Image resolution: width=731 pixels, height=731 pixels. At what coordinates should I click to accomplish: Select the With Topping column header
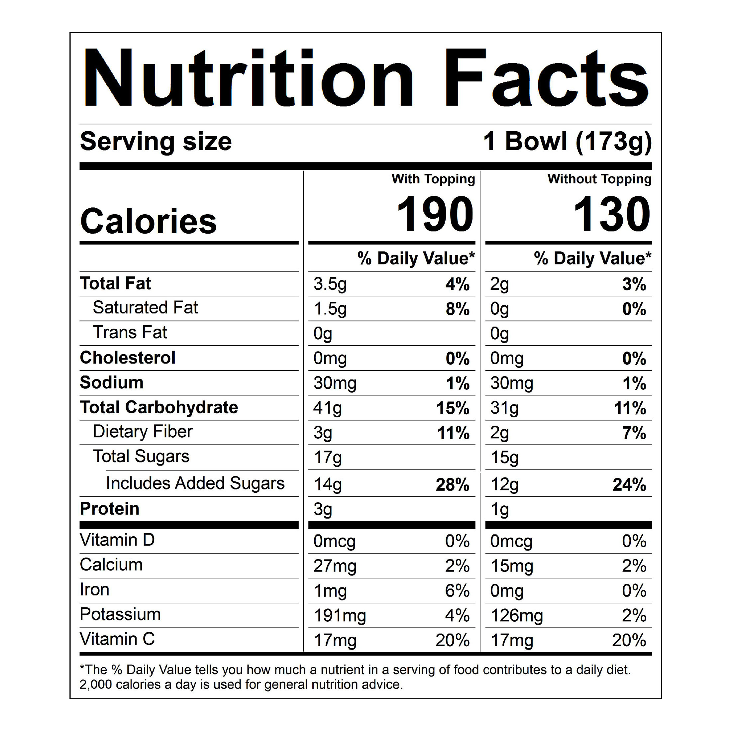[433, 179]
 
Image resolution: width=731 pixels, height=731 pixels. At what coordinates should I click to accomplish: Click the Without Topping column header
[599, 179]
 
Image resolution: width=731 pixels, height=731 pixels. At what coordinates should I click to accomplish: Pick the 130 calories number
[611, 214]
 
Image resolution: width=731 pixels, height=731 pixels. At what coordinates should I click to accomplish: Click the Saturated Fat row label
[145, 308]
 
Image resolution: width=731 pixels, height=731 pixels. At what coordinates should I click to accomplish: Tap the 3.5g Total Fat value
[330, 284]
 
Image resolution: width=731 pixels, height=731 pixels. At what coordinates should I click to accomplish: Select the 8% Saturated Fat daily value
[458, 309]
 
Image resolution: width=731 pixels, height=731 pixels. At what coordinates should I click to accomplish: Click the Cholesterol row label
[128, 358]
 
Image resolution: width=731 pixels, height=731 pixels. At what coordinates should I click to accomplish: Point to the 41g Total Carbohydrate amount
[327, 408]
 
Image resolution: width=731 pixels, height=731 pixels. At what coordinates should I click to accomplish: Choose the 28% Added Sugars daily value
[453, 485]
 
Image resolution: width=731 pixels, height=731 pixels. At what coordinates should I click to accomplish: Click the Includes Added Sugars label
[195, 483]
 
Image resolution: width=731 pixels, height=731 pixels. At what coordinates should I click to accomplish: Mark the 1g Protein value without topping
[499, 510]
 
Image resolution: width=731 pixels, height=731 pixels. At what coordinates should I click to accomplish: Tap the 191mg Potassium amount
[340, 616]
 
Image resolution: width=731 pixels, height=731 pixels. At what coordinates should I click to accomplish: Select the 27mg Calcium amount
[335, 566]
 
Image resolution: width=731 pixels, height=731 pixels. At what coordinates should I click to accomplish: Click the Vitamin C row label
[117, 639]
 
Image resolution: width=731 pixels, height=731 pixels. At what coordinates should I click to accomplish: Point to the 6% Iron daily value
[457, 591]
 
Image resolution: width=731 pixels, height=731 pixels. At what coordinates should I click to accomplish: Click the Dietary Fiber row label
[143, 432]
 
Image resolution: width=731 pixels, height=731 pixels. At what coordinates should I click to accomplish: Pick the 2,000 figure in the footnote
[96, 684]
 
